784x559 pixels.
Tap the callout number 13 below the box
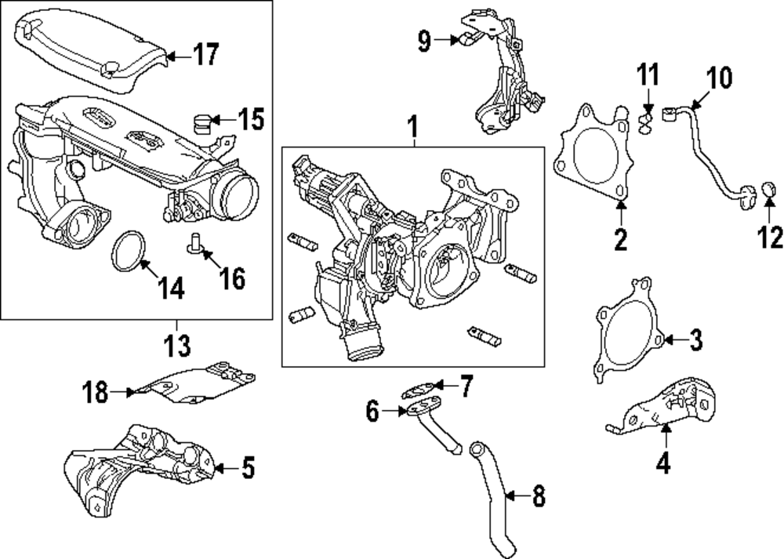177,343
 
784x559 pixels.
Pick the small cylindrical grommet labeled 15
203,122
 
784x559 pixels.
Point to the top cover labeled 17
94,46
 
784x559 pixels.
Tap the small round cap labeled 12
768,190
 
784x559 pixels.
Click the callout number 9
424,40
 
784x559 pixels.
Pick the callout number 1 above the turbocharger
412,125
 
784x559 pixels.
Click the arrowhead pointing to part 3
668,339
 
